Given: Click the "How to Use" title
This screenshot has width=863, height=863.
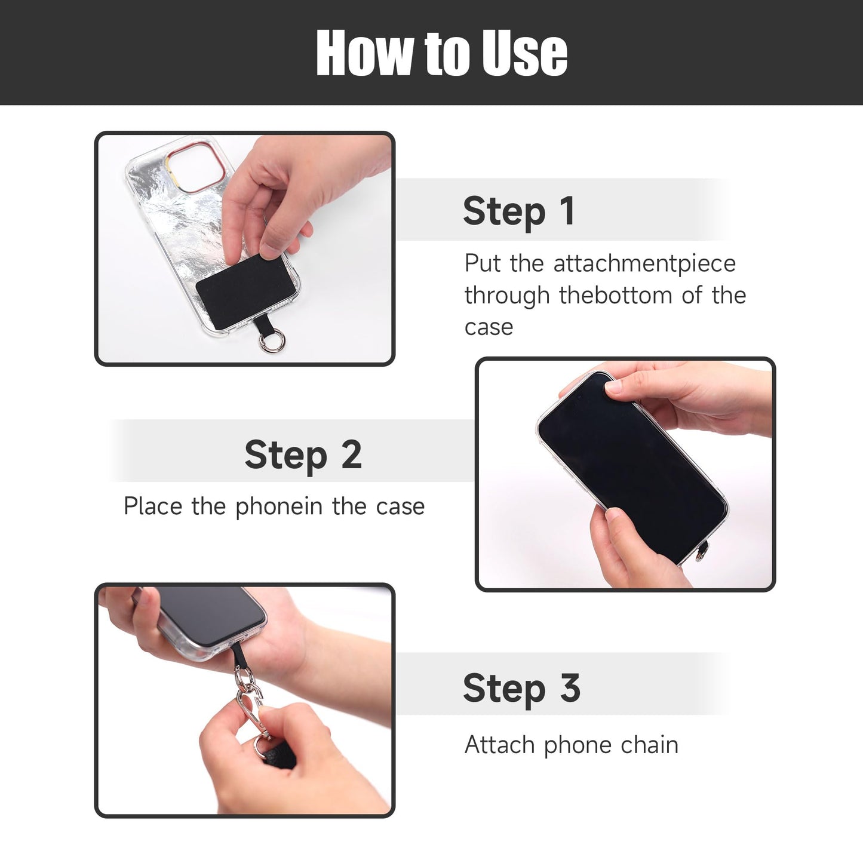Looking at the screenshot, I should (x=441, y=53).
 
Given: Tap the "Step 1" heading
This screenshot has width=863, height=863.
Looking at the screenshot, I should (x=518, y=211).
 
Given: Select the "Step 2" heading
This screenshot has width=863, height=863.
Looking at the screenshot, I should (x=303, y=455).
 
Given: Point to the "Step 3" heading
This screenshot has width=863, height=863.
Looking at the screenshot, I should (x=521, y=688).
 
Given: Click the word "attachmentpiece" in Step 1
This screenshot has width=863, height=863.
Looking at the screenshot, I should (x=644, y=264).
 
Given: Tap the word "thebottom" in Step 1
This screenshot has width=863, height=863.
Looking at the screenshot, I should (x=615, y=296).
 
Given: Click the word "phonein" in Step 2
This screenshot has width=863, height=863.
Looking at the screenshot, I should (x=279, y=507).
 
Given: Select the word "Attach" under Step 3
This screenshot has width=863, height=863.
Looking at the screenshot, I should (x=500, y=745).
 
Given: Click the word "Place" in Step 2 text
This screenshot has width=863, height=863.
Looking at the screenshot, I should (x=152, y=507).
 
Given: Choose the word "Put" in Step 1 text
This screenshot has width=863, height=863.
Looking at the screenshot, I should (x=483, y=264).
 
